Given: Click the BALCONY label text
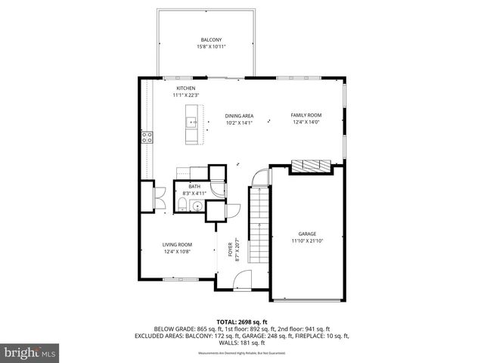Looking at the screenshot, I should pos(211,39).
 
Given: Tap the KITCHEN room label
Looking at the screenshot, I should pos(186,88).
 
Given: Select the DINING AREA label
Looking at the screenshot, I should pos(238,116).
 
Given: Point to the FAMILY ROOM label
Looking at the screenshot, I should pos(306,115).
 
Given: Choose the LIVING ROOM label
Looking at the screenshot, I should pos(178,244).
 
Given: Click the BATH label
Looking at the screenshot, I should pos(194,187).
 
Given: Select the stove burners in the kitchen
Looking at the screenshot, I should pos(147,137).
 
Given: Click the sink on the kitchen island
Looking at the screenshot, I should pos(194,122).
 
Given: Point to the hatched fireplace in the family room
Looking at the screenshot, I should pos(311,166).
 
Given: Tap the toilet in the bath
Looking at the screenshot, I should pos(185,204).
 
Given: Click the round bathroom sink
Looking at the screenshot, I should pos(197,205).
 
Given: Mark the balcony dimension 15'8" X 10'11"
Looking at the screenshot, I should pos(211,46).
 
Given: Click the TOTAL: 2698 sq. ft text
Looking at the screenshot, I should pos(242,321).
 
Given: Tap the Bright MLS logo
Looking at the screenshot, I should pos(30,352).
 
